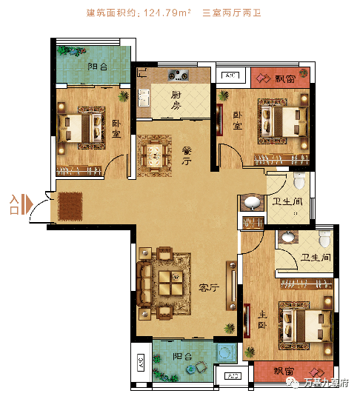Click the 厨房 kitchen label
pyautogui.click(x=176, y=100)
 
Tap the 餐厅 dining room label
pyautogui.click(x=187, y=155)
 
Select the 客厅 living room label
pyautogui.click(x=209, y=287)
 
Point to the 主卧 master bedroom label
pyautogui.click(x=262, y=320)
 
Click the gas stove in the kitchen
pyautogui.click(x=179, y=75)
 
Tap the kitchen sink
pyautogui.click(x=144, y=98)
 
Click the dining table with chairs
pyautogui.click(x=155, y=155)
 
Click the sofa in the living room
pyautogui.click(x=144, y=284)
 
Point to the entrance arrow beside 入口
pyautogui.click(x=27, y=204)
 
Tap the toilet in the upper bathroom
pyautogui.click(x=299, y=180)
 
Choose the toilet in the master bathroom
pyautogui.click(x=324, y=239)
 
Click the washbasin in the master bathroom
pyautogui.click(x=288, y=237)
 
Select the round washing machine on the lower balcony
pyautogui.click(x=226, y=352)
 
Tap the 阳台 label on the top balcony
pyautogui.click(x=98, y=67)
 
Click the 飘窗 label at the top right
pyautogui.click(x=285, y=78)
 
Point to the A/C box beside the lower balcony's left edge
pyautogui.click(x=141, y=362)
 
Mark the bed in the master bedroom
pyautogui.click(x=305, y=326)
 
